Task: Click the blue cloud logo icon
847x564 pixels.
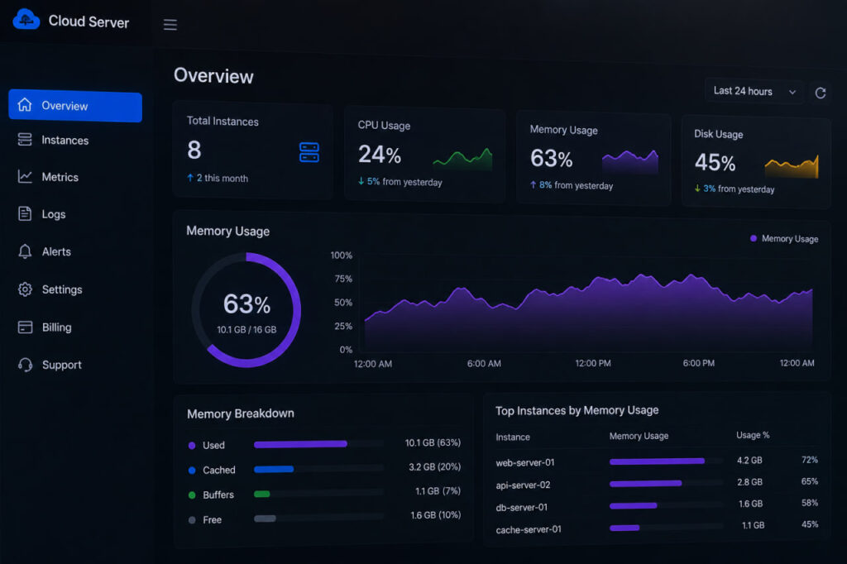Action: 26,20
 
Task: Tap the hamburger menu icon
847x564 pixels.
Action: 170,24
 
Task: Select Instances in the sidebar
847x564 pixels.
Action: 65,141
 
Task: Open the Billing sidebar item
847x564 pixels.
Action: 57,327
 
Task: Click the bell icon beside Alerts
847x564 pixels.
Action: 25,251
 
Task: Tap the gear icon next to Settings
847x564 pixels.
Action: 25,289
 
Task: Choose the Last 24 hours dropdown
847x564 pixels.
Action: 754,91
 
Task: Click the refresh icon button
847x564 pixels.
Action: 820,93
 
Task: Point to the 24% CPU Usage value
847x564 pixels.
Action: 380,155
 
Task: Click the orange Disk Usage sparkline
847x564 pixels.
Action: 792,168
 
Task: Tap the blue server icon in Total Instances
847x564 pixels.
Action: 309,152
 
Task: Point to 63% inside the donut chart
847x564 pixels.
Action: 246,304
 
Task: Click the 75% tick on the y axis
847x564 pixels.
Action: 343,279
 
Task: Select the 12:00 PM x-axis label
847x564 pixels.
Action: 593,363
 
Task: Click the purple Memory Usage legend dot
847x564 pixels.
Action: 754,238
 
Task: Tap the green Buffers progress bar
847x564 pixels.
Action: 262,494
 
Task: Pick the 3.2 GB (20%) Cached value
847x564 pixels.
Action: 435,466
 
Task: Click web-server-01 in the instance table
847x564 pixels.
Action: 525,462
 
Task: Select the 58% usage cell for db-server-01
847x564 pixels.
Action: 809,503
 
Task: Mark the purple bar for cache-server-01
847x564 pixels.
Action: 624,528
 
